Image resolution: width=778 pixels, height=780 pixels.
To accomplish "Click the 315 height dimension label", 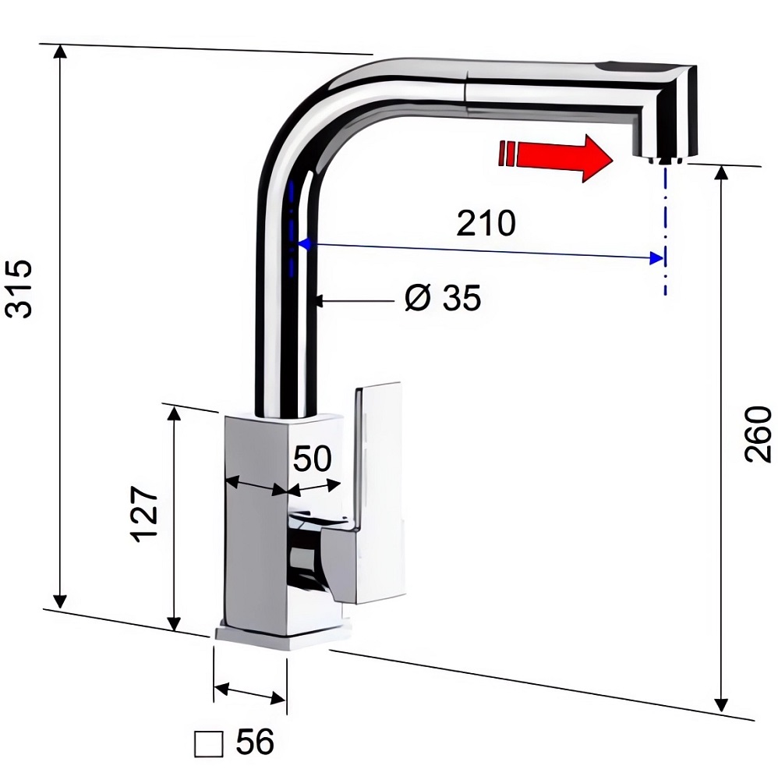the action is [19, 289].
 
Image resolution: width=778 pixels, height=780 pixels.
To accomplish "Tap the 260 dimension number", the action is [759, 434].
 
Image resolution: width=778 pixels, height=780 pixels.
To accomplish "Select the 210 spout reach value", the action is [486, 223].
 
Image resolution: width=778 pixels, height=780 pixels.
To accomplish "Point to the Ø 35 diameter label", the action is [443, 298].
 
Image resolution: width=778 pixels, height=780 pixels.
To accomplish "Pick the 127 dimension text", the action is [145, 514].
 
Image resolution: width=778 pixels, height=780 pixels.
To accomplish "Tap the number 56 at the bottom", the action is [255, 742].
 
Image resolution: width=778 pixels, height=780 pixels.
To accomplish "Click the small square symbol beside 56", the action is [208, 744].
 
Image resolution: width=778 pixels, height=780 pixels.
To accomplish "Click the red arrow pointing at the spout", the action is [555, 158].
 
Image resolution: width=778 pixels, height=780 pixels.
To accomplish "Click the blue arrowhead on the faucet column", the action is [304, 243].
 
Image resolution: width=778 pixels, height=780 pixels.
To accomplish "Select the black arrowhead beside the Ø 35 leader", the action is [319, 300].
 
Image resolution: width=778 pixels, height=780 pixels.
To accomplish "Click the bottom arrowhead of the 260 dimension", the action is [720, 704].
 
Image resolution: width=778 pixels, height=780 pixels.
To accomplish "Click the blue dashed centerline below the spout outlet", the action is [665, 230].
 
